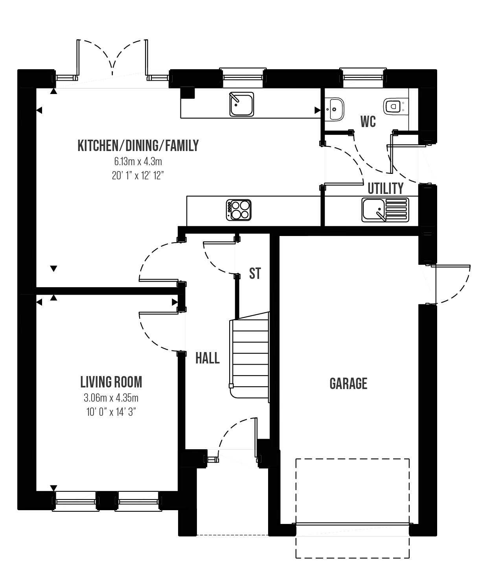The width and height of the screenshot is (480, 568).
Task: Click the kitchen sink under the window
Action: click(241, 104)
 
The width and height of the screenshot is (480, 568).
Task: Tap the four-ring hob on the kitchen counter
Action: click(239, 210)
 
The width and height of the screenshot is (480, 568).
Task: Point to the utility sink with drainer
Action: click(385, 210)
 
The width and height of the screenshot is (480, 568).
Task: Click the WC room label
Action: click(368, 122)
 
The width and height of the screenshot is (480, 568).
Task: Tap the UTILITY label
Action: click(386, 188)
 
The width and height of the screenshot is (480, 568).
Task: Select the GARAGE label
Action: click(348, 384)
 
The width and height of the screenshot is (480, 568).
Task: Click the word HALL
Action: click(207, 358)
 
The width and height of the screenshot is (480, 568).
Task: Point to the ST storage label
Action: click(255, 273)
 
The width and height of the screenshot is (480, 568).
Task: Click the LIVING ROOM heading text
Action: click(111, 382)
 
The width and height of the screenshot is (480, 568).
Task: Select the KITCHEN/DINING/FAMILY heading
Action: click(138, 146)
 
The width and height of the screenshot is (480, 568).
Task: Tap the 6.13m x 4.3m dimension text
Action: click(138, 162)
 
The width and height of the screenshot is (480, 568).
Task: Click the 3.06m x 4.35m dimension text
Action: click(111, 398)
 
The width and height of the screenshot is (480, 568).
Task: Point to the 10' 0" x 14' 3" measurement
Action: click(111, 412)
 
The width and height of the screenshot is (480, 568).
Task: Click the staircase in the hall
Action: click(249, 357)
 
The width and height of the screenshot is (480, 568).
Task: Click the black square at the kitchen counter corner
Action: click(188, 93)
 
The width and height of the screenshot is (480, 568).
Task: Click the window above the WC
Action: click(363, 77)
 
